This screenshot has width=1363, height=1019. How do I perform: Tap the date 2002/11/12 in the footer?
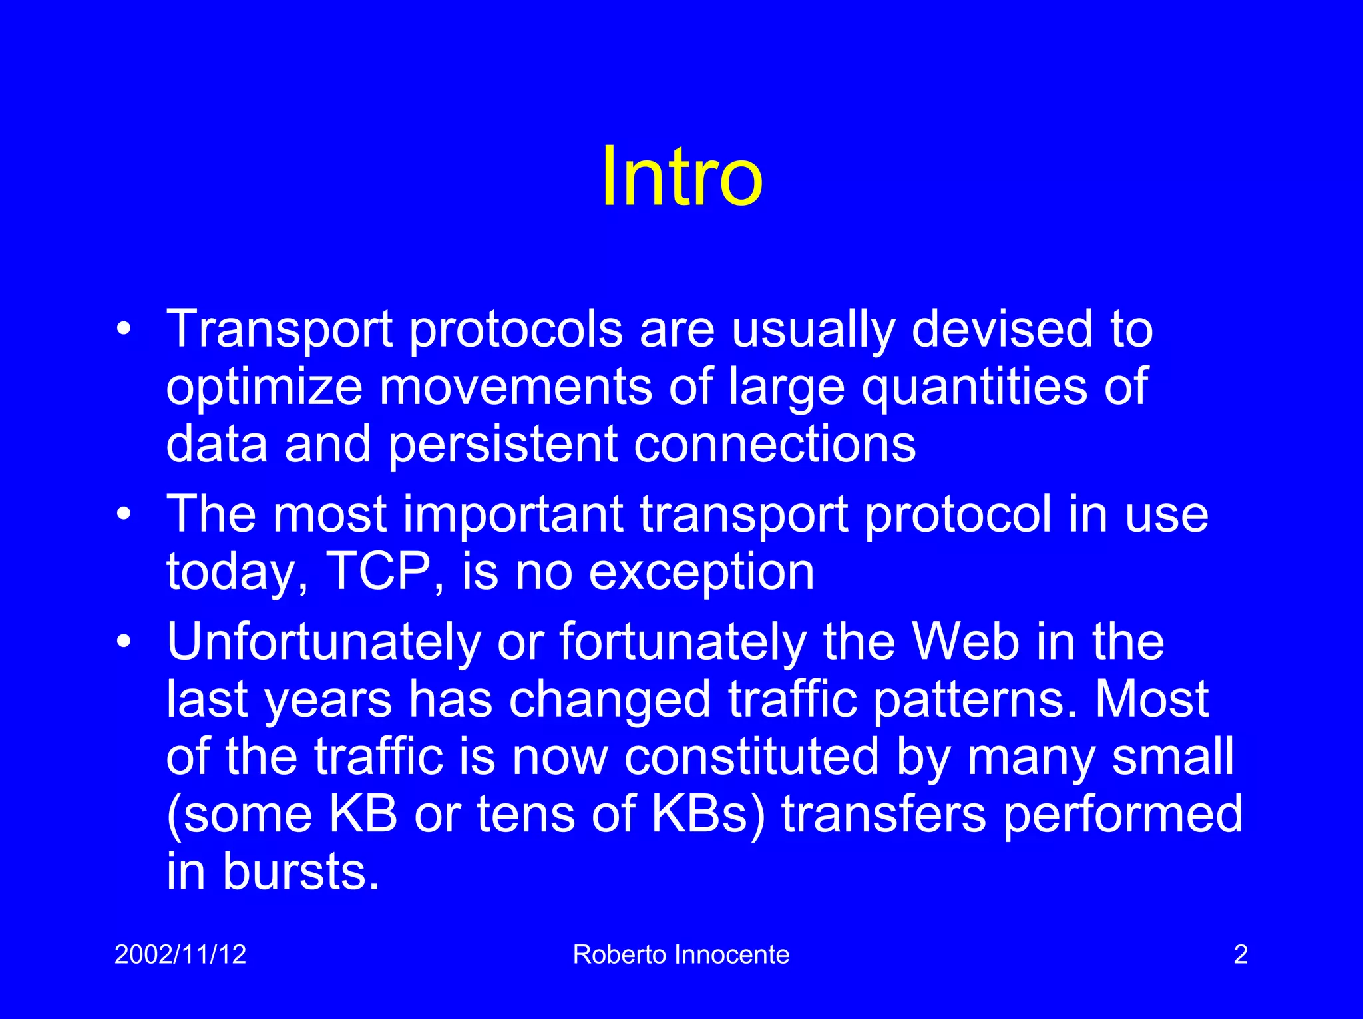(x=180, y=954)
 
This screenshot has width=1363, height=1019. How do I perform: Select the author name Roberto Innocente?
(x=681, y=954)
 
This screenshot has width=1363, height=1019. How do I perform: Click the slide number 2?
(x=1241, y=954)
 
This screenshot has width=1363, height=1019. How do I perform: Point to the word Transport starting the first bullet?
(x=279, y=329)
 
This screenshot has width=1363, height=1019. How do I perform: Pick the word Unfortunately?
(x=323, y=642)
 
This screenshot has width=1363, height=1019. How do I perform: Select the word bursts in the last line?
(x=301, y=871)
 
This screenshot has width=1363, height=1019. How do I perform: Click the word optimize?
(x=264, y=387)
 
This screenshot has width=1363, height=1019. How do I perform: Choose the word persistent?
(x=502, y=445)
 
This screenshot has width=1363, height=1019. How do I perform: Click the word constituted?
(x=751, y=757)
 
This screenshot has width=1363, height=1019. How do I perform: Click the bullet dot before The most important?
(x=123, y=515)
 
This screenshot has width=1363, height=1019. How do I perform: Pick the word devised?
(x=1002, y=329)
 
